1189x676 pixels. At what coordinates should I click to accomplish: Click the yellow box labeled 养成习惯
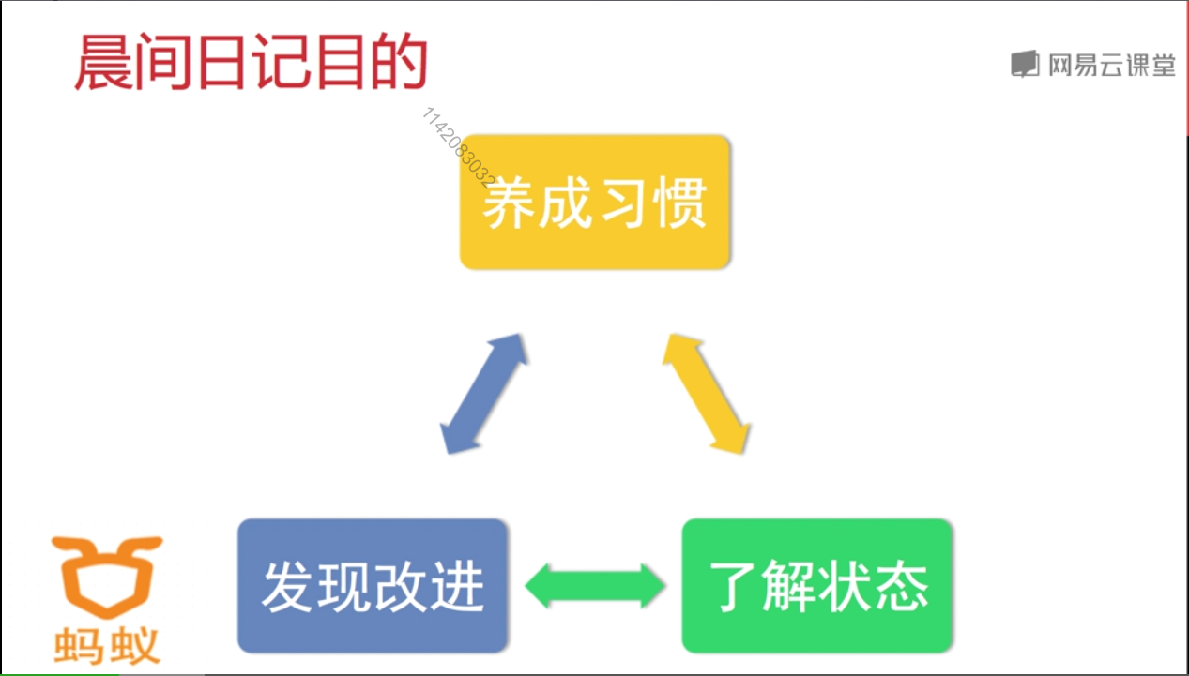[x=595, y=202]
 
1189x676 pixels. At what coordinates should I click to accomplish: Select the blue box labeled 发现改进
[x=373, y=585]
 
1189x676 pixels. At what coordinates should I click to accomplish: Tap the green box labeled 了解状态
[x=816, y=585]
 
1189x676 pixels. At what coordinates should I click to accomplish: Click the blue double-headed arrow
[x=483, y=393]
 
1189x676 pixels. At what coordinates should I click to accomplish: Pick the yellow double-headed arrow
[x=706, y=393]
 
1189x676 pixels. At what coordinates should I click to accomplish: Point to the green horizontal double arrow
[x=595, y=586]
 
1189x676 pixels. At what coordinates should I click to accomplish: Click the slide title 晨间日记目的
[x=251, y=64]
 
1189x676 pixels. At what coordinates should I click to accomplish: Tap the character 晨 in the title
[x=103, y=64]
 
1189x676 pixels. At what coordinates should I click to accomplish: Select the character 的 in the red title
[x=399, y=64]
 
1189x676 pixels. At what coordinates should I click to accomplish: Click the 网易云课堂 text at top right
[x=1112, y=65]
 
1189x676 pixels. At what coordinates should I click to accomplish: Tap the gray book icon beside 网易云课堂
[x=1025, y=65]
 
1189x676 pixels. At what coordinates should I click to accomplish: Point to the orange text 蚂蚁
[x=107, y=645]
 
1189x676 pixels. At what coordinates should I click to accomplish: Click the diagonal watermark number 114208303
[x=460, y=146]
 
